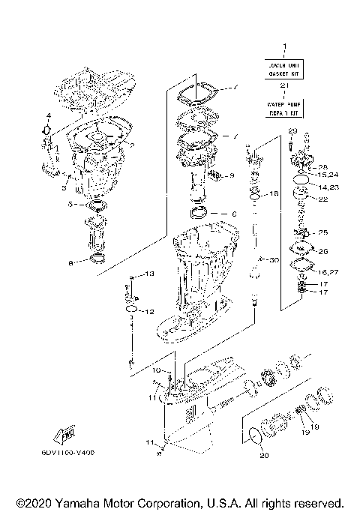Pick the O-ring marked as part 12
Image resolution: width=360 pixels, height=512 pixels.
[x=130, y=309]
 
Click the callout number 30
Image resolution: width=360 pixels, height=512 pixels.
[x=274, y=259]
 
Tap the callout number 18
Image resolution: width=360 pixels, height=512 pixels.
[x=274, y=194]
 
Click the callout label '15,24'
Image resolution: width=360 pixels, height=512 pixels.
[x=328, y=174]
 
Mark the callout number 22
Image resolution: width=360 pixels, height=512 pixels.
[x=324, y=199]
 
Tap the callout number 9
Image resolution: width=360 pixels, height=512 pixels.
[x=232, y=175]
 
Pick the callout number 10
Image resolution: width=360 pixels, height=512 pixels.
[x=158, y=370]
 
